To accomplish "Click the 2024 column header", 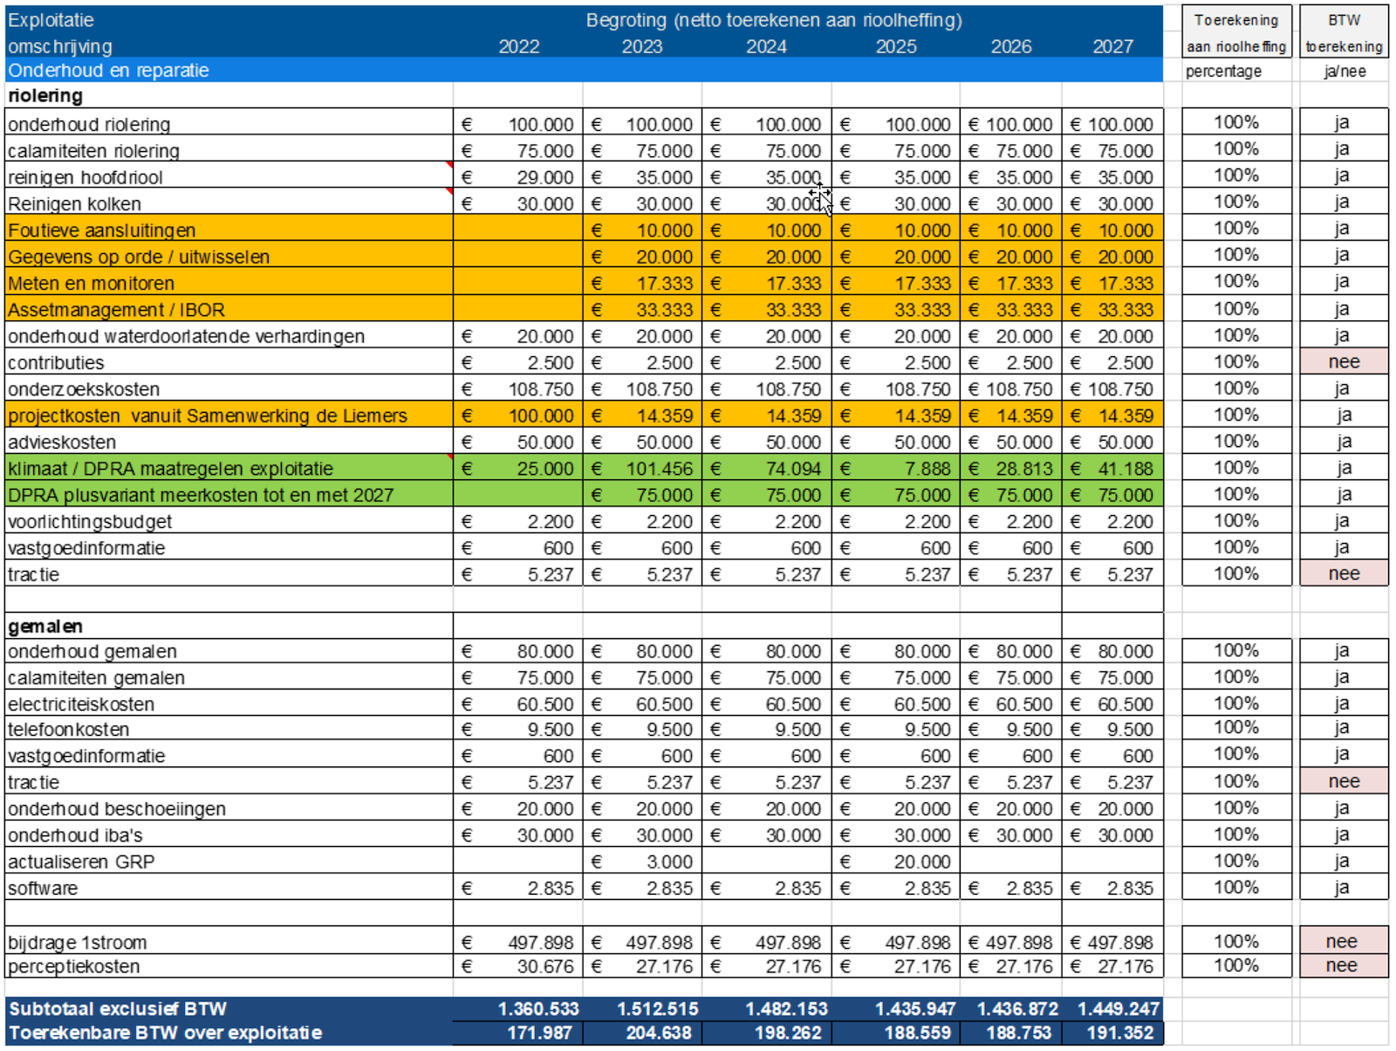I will [766, 46].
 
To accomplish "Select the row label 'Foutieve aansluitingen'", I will [102, 230].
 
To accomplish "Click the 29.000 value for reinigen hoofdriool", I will [544, 177].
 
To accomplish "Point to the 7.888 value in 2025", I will [927, 469].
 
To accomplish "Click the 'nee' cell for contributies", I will [1344, 362].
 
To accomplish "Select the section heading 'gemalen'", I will [45, 626].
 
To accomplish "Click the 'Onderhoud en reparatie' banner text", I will [108, 71].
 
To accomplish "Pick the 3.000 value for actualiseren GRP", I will [669, 862].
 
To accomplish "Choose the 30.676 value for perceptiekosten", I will [544, 966].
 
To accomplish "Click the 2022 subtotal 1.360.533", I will [537, 1009].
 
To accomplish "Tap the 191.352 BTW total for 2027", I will [1119, 1034].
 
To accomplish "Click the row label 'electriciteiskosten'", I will [81, 704].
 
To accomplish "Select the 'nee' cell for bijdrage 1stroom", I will [1341, 942].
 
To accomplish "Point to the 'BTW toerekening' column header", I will [1344, 33].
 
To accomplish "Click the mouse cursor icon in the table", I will [821, 197].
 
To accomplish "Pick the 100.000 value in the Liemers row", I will [541, 416].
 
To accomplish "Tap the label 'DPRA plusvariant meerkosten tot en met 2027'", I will [201, 495].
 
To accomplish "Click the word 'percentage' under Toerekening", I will [1223, 72].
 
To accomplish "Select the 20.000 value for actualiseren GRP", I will [922, 862].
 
